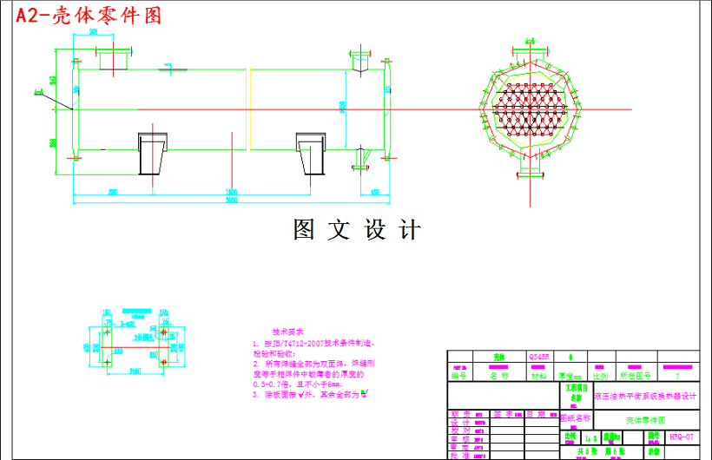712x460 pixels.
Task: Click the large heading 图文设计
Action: [357, 230]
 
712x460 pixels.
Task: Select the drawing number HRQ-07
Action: [682, 437]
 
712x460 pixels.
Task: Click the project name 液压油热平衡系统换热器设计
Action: [645, 396]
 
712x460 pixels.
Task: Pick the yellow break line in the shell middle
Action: [251, 108]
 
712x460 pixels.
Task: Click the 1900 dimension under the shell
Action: [231, 191]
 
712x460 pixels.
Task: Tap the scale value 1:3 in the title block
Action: [590, 437]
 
